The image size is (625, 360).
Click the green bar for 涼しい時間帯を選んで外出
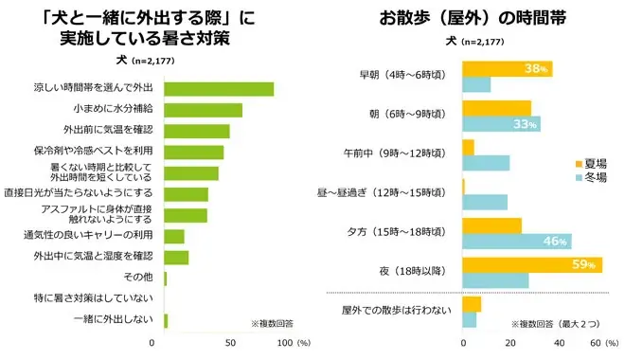pos(219,89)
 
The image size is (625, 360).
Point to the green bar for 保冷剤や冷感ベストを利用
pos(193,153)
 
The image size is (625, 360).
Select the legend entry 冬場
pos(593,177)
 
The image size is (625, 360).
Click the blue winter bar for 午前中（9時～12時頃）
pos(486,163)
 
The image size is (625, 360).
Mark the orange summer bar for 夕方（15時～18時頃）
pos(491,225)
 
